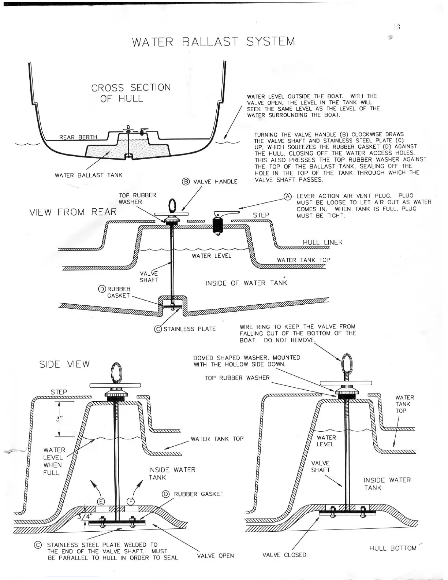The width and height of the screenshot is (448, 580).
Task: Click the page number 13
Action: [397, 27]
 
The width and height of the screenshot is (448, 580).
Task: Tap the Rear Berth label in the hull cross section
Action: [78, 137]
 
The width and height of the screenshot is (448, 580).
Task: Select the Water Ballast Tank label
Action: [89, 175]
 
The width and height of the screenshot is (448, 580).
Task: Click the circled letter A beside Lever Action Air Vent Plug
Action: [288, 196]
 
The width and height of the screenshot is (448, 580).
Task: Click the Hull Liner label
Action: [322, 242]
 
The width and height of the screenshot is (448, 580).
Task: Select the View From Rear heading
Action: [72, 212]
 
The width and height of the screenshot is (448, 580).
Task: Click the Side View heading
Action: [64, 364]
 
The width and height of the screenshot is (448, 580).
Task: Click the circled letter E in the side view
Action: [101, 502]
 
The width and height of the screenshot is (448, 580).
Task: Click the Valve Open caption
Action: [215, 555]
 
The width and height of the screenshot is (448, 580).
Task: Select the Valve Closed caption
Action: [284, 555]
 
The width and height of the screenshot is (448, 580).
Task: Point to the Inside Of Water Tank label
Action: [246, 283]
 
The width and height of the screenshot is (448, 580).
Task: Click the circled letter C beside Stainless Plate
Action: [158, 329]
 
